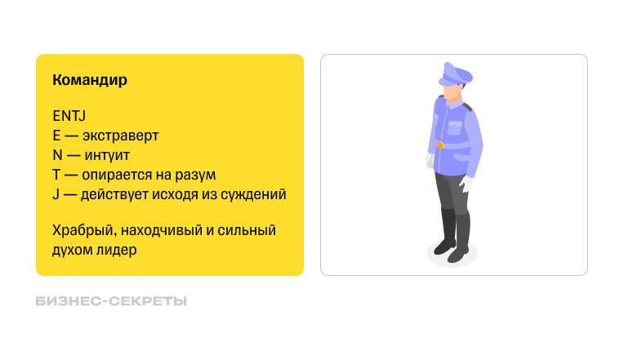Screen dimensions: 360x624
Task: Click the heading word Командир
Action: click(x=89, y=81)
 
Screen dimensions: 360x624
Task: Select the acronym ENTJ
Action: click(x=69, y=116)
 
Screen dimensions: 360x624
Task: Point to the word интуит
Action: click(x=107, y=155)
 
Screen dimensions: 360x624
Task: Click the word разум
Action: click(x=195, y=175)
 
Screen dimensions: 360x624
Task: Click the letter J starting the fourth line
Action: click(x=56, y=194)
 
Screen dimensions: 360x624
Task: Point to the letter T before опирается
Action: click(x=56, y=175)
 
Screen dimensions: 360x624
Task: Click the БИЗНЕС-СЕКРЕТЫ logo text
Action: click(x=112, y=301)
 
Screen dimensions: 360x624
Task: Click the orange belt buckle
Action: click(x=440, y=145)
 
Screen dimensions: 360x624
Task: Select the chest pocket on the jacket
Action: click(x=453, y=127)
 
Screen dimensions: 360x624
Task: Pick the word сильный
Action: click(x=247, y=231)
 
